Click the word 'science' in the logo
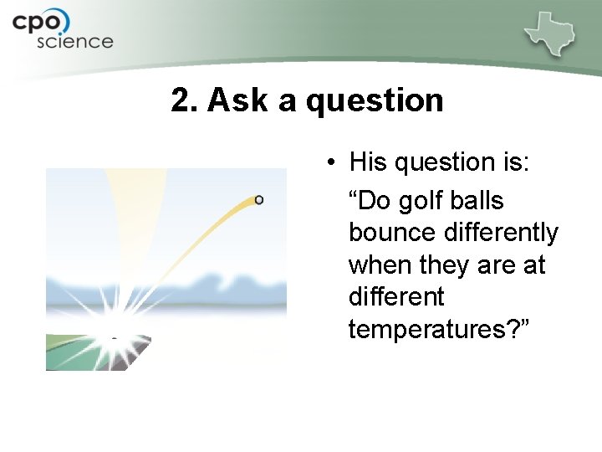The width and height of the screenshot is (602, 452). pos(74,41)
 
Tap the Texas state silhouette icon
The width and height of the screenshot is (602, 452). pos(550,33)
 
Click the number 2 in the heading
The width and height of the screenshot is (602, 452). pos(180,100)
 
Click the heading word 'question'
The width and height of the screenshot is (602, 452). pos(375,100)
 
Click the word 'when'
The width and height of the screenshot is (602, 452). pos(380,265)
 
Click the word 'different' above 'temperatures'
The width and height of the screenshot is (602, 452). pos(396,297)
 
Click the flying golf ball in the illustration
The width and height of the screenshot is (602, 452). pos(259,199)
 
